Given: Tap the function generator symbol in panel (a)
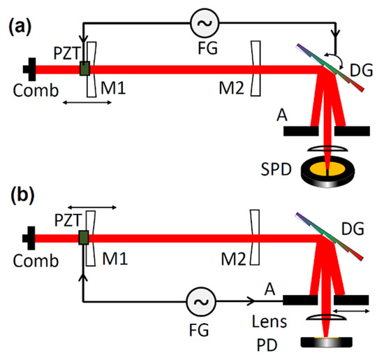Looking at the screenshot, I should [205, 24].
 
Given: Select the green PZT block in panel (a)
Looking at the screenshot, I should [85, 69].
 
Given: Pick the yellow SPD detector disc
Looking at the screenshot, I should [325, 169].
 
